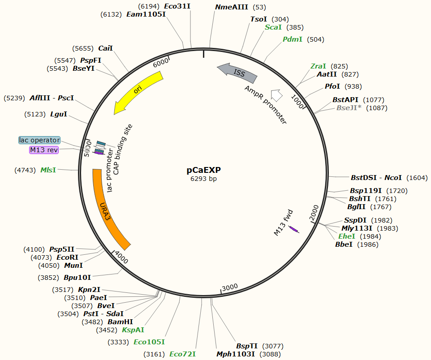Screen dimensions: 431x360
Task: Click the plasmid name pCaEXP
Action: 204,170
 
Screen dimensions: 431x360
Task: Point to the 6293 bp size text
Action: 204,179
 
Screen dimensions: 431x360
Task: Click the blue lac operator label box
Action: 39,140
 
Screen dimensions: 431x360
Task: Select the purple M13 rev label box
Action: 44,150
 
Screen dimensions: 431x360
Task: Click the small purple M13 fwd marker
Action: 293,229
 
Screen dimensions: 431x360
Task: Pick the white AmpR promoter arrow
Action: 276,95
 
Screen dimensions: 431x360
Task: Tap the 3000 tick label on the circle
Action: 230,287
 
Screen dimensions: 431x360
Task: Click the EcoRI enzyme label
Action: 67,257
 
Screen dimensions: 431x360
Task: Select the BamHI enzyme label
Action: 120,322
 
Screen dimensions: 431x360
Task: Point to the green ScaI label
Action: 273,27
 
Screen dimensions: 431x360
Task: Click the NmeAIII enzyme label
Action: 232,7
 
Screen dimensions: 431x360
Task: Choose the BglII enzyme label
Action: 357,207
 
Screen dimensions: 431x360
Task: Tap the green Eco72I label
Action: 182,354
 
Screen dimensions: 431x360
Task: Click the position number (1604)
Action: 417,178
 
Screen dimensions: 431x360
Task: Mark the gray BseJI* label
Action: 349,108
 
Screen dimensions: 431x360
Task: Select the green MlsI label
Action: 48,170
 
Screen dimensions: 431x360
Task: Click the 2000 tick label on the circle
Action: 314,213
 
